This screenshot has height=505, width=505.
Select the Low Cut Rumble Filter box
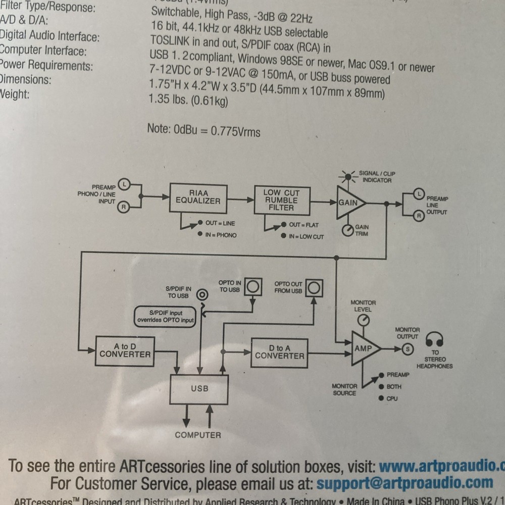[x=281, y=200]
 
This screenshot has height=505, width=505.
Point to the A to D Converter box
[x=125, y=350]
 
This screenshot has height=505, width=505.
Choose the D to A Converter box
[x=279, y=352]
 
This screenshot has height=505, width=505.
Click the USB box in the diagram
[x=199, y=389]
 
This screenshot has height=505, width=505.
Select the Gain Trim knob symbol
[x=347, y=231]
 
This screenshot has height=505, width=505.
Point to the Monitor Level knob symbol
[x=363, y=320]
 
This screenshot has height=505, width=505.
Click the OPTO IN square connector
[x=253, y=287]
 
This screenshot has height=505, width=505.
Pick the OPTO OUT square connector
[x=314, y=287]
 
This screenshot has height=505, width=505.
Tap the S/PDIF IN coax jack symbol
[x=203, y=294]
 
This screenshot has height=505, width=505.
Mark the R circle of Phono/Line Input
[x=123, y=206]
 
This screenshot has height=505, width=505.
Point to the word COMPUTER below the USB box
[x=198, y=435]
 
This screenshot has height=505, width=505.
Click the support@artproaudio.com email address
[x=405, y=483]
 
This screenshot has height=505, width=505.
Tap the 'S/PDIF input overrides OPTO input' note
[x=165, y=317]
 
